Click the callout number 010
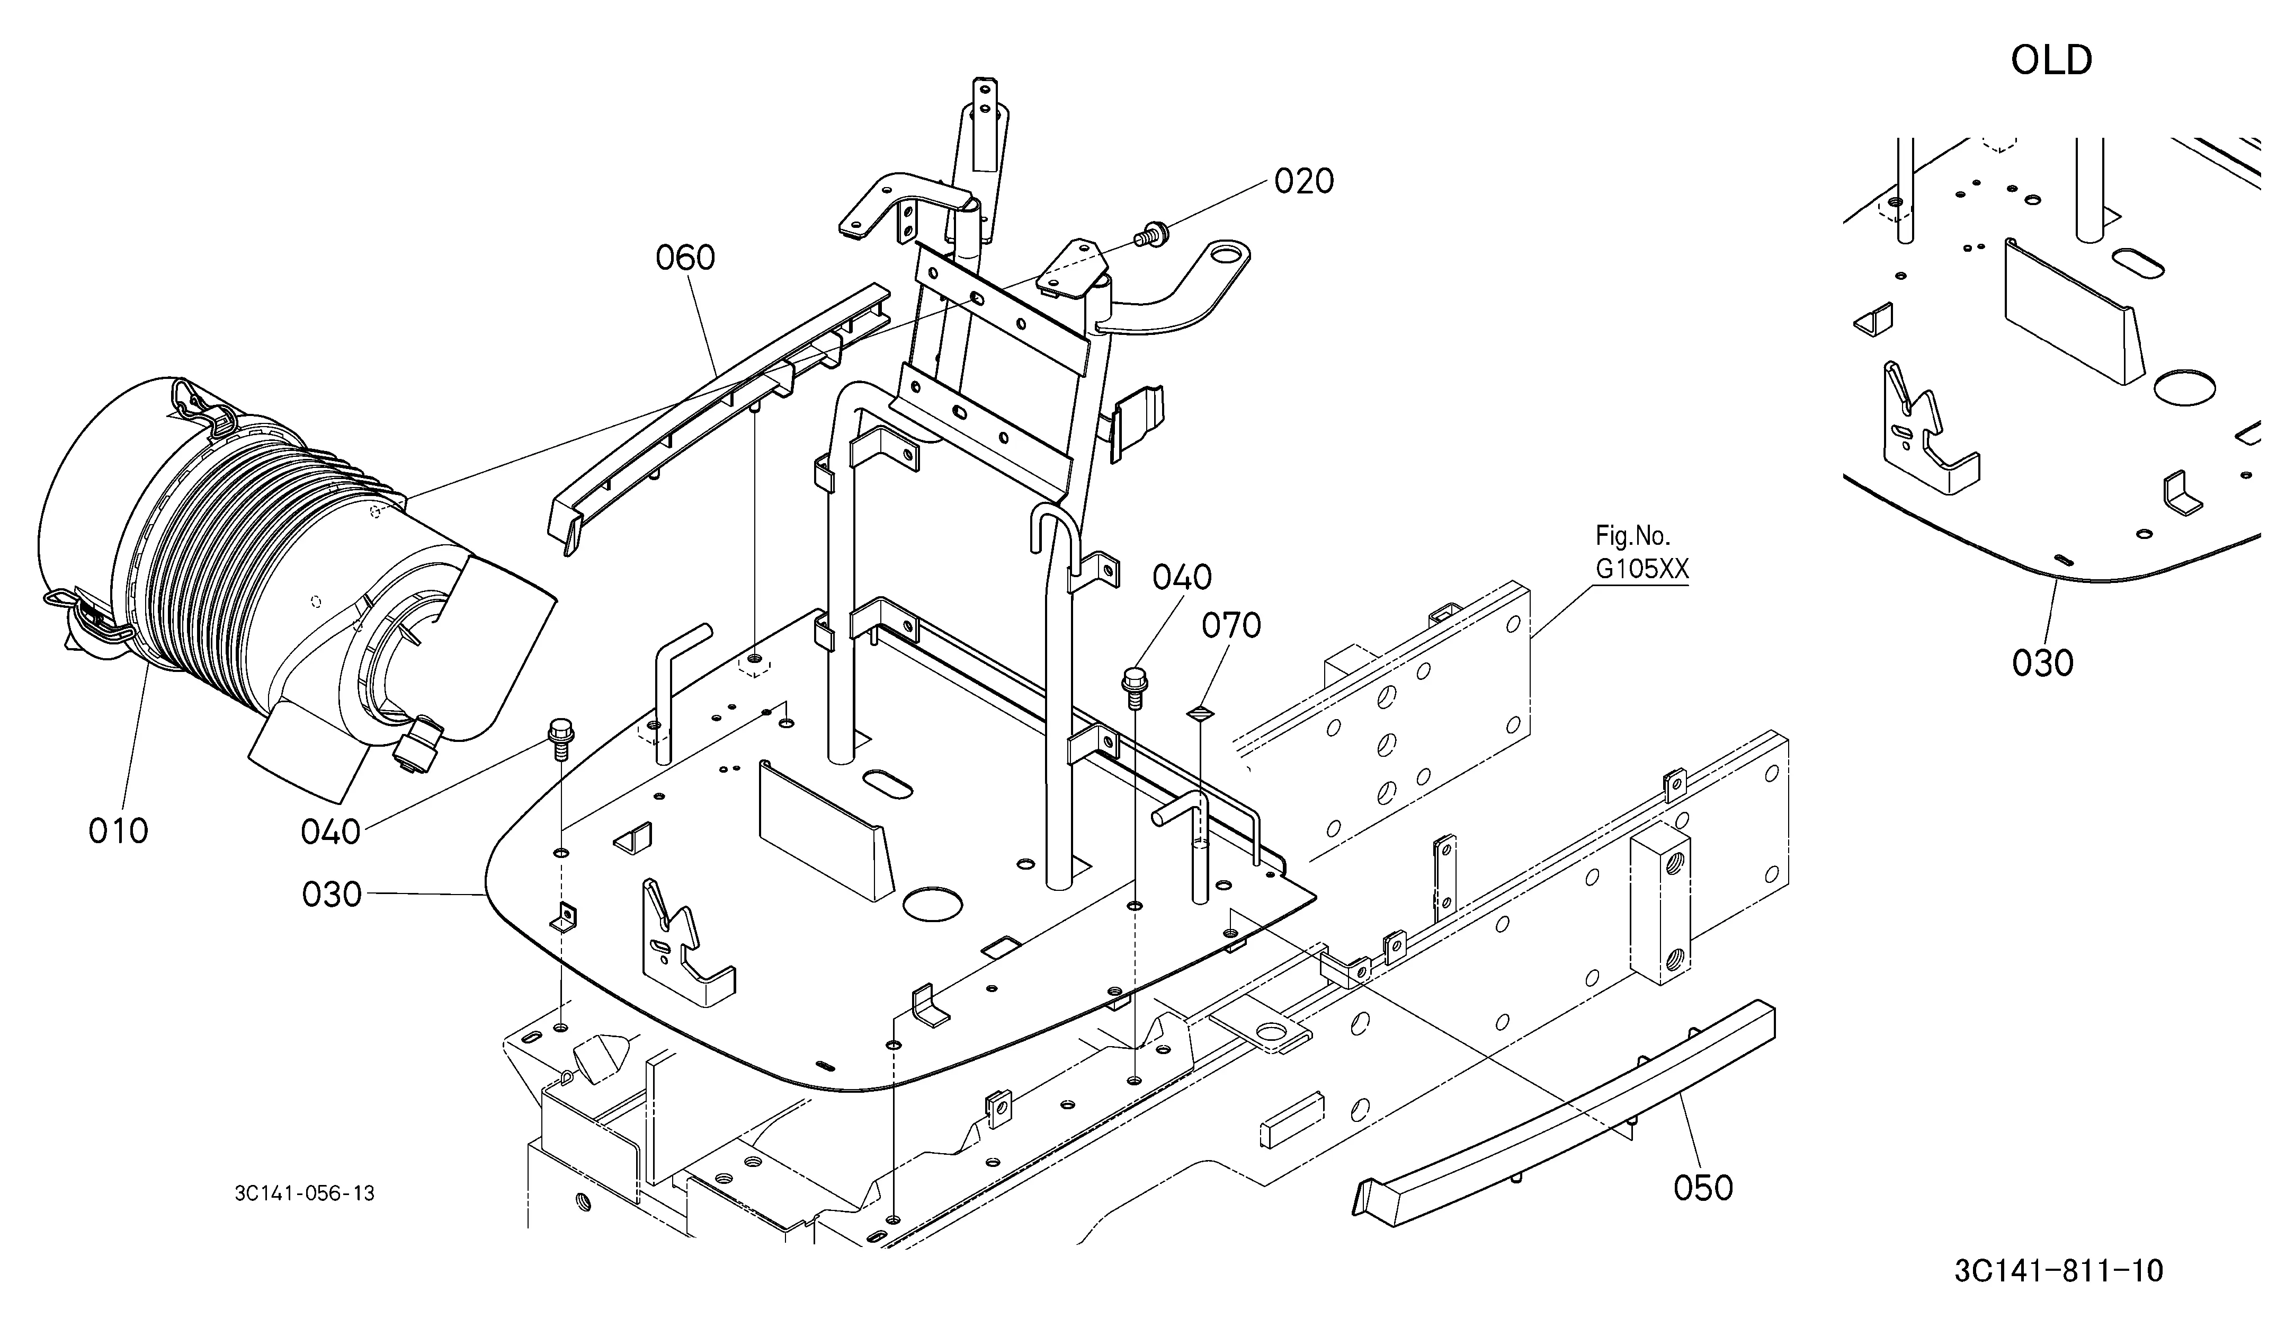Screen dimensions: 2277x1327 tap(118, 830)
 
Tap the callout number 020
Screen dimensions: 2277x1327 tap(1304, 182)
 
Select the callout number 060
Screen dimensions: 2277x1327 tap(685, 259)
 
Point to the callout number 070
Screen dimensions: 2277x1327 tap(1231, 625)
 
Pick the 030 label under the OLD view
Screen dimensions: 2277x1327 tap(2042, 663)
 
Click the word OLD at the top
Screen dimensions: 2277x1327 tap(2051, 60)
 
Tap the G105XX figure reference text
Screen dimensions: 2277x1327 tap(1642, 570)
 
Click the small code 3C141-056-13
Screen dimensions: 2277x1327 tap(305, 1193)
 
